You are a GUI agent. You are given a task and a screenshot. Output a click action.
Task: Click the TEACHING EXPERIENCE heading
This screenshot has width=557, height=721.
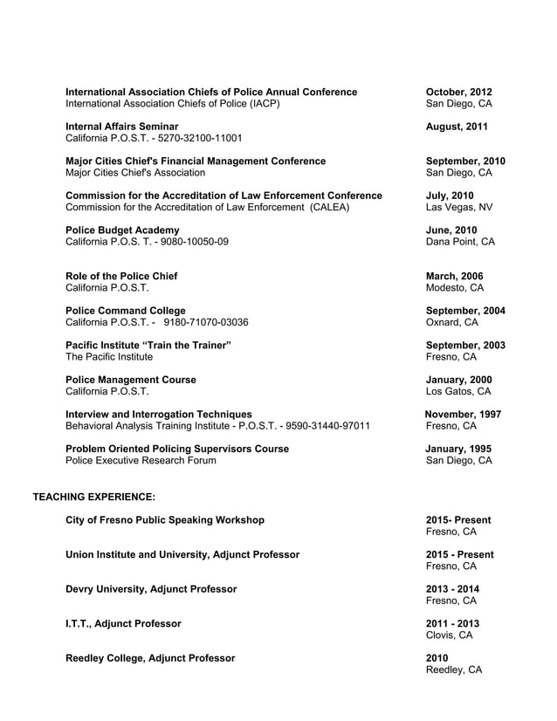point(93,497)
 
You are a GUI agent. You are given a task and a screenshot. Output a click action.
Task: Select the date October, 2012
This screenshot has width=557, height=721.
point(458,92)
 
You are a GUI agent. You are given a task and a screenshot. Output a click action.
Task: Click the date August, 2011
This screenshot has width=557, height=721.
point(457,127)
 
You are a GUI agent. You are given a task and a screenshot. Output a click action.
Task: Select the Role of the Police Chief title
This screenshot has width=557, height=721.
point(121,276)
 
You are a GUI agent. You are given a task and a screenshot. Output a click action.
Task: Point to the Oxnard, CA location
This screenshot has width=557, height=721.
point(451,322)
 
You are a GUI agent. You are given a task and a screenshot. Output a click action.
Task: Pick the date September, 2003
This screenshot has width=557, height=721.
point(464,345)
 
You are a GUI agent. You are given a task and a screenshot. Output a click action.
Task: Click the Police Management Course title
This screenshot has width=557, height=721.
point(131,380)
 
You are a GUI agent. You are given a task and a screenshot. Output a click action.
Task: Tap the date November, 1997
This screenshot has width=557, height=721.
point(464,414)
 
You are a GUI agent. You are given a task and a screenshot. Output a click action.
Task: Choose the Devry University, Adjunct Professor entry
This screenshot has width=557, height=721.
point(151,589)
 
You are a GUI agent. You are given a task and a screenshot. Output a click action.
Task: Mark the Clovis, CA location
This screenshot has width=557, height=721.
point(449,635)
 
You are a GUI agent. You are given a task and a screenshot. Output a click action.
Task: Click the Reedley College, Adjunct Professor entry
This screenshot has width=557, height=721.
point(150,658)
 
